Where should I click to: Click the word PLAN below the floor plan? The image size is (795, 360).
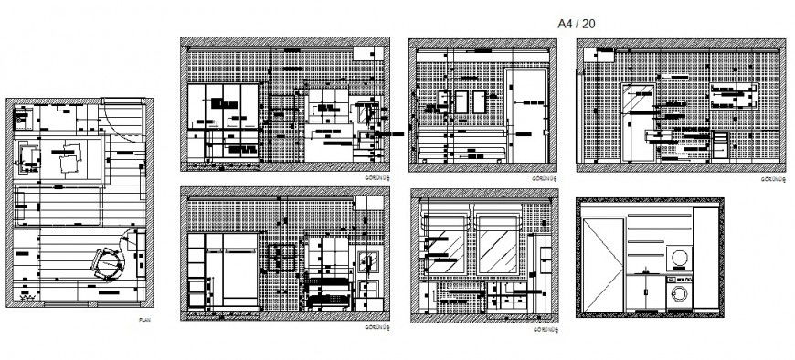143,320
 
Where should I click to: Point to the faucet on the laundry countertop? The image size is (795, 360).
647,270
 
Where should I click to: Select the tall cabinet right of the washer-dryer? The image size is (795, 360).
705,265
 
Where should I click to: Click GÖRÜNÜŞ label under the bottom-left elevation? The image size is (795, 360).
377,326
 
